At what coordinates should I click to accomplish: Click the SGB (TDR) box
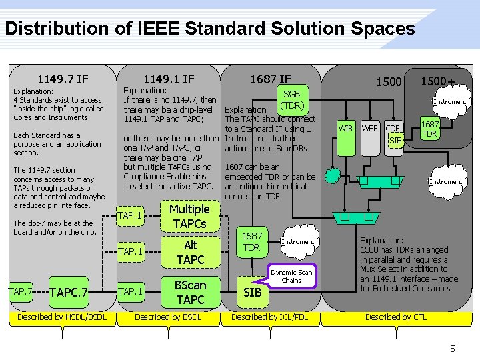pyautogui.click(x=292, y=100)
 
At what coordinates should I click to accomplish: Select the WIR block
pyautogui.click(x=346, y=128)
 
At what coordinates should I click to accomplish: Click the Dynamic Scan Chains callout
pyautogui.click(x=291, y=276)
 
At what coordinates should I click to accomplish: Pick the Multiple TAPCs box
pyautogui.click(x=190, y=216)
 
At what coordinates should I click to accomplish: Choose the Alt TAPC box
pyautogui.click(x=190, y=252)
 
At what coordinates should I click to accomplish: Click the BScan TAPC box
pyautogui.click(x=190, y=292)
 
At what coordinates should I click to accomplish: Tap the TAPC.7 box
pyautogui.click(x=69, y=292)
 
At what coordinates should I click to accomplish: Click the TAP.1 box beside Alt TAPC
pyautogui.click(x=130, y=251)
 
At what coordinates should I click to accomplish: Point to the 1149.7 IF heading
pyautogui.click(x=63, y=79)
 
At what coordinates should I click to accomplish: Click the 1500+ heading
pyautogui.click(x=437, y=81)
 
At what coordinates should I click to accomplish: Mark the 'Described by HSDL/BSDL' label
pyautogui.click(x=62, y=317)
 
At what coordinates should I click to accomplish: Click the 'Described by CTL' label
pyautogui.click(x=396, y=317)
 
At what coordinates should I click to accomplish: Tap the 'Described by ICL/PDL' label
pyautogui.click(x=269, y=317)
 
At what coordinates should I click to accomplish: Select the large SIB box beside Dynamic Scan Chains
pyautogui.click(x=252, y=292)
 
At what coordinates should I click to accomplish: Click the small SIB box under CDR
pyautogui.click(x=395, y=140)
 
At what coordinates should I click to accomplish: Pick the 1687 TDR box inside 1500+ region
pyautogui.click(x=430, y=129)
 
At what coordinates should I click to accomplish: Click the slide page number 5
pyautogui.click(x=452, y=348)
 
